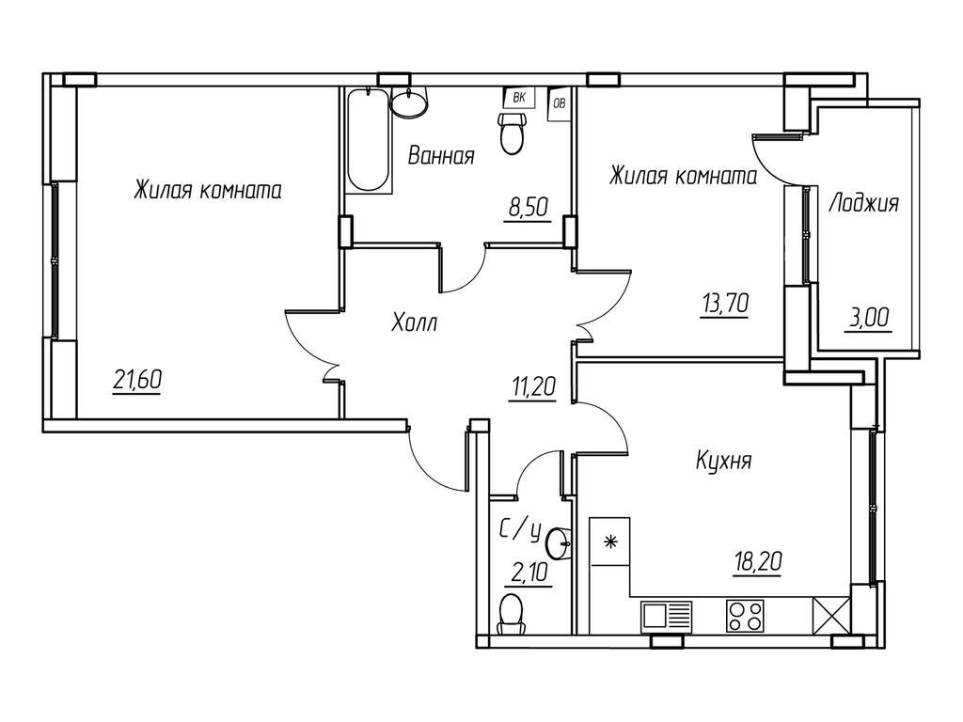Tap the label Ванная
click(x=440, y=157)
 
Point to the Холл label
click(x=415, y=324)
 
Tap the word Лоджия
click(x=863, y=203)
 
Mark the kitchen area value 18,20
click(x=758, y=563)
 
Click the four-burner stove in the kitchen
click(x=746, y=617)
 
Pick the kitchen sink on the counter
click(x=666, y=617)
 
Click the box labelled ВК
click(x=518, y=97)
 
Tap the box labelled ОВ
click(x=559, y=102)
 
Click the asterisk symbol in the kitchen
click(x=609, y=541)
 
